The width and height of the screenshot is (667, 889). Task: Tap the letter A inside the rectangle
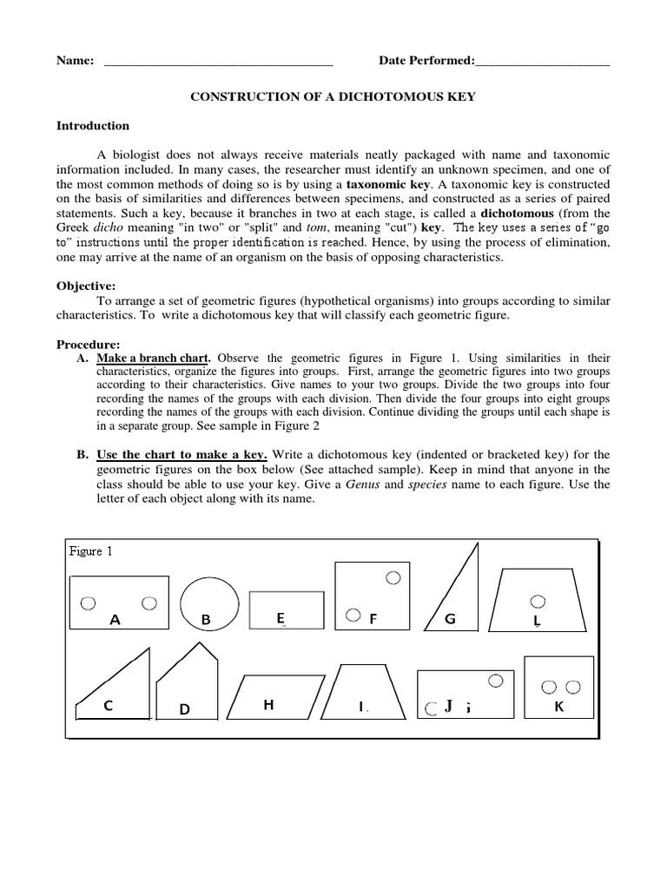click(114, 620)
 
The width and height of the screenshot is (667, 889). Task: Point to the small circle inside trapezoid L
click(538, 600)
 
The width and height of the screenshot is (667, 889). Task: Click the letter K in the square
click(559, 707)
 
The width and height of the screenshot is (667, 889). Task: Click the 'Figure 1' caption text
click(91, 551)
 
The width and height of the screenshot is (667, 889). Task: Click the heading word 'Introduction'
click(93, 126)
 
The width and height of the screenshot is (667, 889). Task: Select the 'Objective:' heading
click(85, 286)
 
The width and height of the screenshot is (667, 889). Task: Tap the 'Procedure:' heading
click(88, 343)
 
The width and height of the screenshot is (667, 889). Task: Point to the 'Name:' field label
click(75, 61)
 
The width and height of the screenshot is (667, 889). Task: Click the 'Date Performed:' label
click(426, 61)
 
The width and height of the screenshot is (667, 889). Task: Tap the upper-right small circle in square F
click(393, 576)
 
